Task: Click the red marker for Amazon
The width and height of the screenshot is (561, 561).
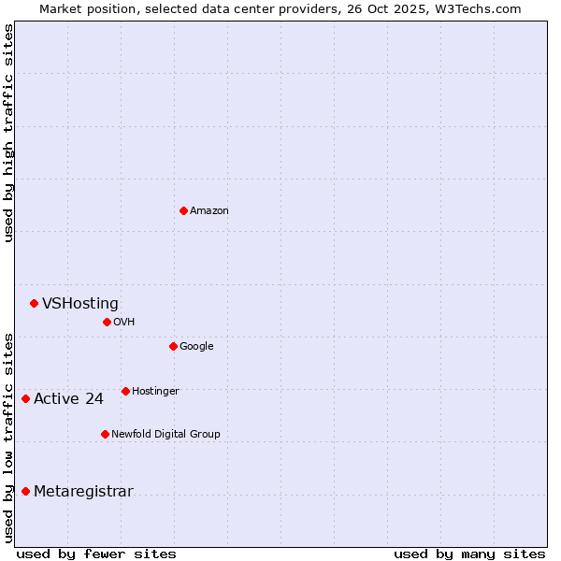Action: click(183, 210)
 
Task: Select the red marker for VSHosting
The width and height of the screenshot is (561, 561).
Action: click(34, 303)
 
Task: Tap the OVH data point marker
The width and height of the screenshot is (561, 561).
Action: click(107, 322)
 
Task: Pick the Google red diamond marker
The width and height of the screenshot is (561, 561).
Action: click(173, 346)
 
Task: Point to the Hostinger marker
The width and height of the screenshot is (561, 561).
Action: click(125, 391)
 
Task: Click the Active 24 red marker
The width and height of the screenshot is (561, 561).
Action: click(25, 399)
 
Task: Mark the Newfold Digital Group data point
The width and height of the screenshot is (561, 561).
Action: click(105, 434)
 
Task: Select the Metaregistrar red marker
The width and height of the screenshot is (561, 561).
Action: click(25, 492)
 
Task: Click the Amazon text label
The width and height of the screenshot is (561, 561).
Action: click(209, 211)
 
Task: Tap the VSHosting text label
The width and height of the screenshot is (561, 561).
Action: click(80, 304)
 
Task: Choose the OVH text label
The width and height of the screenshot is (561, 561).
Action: click(124, 323)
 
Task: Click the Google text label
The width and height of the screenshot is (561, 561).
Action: click(196, 347)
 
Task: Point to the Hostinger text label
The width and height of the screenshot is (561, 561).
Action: click(155, 392)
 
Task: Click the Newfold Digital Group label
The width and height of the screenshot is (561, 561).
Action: click(165, 435)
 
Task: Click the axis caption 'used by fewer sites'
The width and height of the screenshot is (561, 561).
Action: click(96, 554)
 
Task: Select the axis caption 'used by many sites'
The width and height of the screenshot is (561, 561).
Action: click(469, 554)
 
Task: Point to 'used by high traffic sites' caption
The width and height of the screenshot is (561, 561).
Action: click(8, 133)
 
